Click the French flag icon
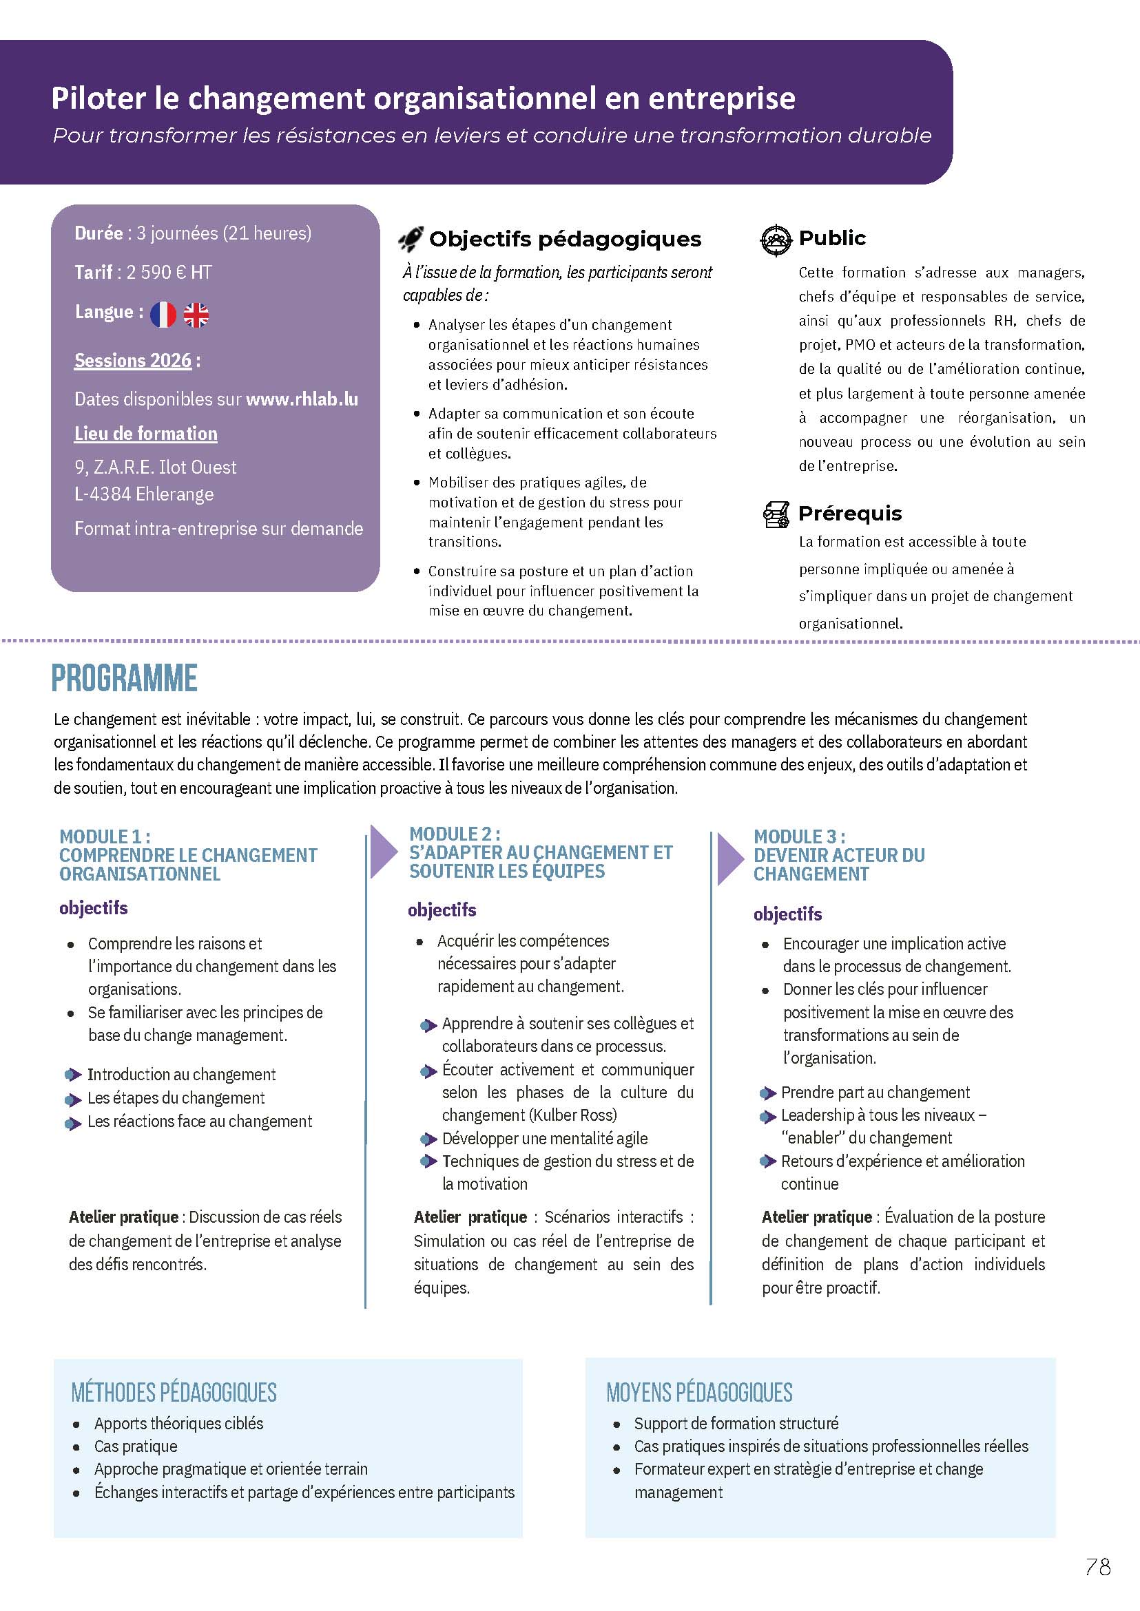[x=163, y=315]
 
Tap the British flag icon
[x=196, y=315]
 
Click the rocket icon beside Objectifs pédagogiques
[x=411, y=240]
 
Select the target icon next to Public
[x=776, y=240]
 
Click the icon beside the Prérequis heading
[x=776, y=514]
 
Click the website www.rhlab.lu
[x=302, y=399]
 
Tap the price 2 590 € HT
[x=169, y=272]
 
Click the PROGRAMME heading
[x=124, y=678]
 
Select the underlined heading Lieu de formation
[x=146, y=434]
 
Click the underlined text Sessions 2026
[x=133, y=361]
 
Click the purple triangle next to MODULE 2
[x=382, y=851]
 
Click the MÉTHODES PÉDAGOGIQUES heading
[x=174, y=1392]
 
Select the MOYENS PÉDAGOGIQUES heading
[x=699, y=1392]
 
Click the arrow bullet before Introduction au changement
[x=73, y=1075]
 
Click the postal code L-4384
[x=103, y=494]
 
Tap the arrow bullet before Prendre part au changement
[x=767, y=1093]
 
